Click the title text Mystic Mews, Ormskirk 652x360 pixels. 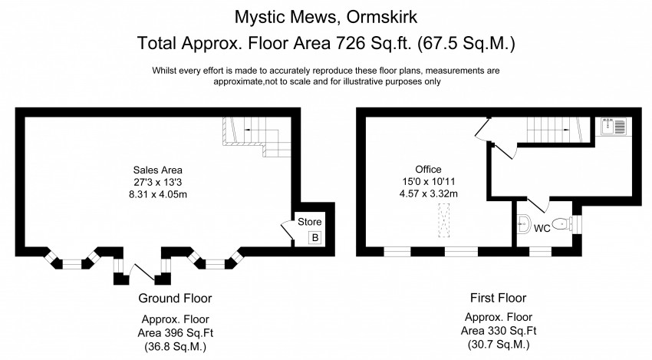325,16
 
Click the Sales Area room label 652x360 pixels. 157,170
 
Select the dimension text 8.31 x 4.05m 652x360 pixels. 157,196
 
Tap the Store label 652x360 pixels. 310,222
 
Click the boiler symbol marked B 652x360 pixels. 314,238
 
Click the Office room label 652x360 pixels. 428,169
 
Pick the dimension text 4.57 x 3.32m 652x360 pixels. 428,193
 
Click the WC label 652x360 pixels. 542,228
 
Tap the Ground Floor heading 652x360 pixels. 175,298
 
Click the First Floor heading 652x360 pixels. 497,298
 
